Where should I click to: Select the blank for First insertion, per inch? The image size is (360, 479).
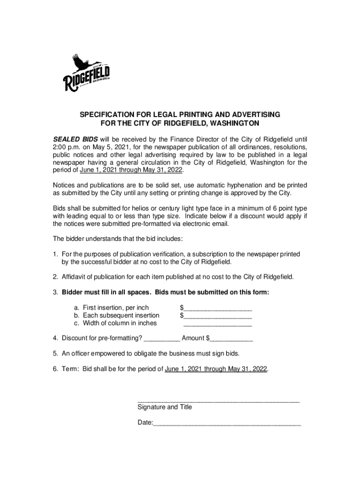click(218, 308)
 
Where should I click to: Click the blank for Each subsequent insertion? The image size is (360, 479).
click(218, 316)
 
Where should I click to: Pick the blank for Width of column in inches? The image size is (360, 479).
click(218, 323)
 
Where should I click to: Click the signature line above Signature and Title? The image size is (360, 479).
click(218, 400)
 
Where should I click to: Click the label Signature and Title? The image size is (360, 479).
click(165, 407)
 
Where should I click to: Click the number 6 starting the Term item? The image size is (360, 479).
click(55, 369)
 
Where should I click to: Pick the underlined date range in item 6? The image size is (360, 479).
click(216, 369)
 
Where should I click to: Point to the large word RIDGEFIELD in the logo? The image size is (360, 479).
click(86, 79)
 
